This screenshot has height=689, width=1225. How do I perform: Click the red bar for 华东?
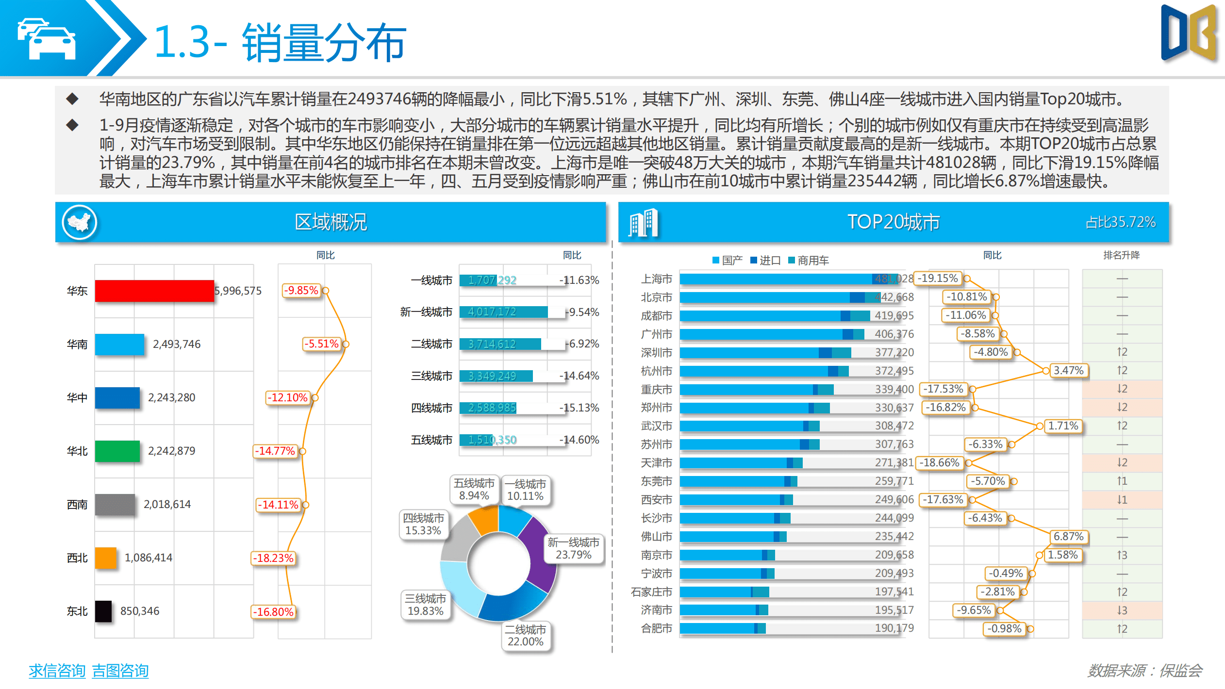(x=154, y=291)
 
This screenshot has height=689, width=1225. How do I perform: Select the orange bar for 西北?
(x=106, y=558)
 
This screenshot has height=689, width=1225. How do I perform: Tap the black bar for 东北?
(x=103, y=611)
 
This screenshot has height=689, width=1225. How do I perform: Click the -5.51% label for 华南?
(x=321, y=344)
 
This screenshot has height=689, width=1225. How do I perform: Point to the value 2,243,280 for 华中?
(x=171, y=397)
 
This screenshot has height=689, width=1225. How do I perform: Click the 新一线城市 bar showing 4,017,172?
(x=503, y=312)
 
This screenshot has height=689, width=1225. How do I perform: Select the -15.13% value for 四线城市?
(x=580, y=408)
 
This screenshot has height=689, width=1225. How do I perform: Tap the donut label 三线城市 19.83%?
(x=426, y=605)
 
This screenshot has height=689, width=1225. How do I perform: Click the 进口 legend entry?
(x=765, y=261)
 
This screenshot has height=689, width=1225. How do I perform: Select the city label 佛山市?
(x=656, y=537)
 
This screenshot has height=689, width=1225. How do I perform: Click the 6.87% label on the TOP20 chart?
(x=1068, y=537)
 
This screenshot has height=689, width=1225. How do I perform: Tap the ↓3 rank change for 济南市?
(x=1122, y=610)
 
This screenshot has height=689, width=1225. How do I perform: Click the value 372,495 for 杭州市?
(x=894, y=371)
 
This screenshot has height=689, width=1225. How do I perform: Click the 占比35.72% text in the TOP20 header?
(x=1120, y=222)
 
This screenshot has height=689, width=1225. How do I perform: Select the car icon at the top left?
(x=47, y=39)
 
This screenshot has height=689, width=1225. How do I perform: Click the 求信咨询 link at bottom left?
(x=57, y=671)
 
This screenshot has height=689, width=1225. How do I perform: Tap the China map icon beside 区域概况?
(x=80, y=222)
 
